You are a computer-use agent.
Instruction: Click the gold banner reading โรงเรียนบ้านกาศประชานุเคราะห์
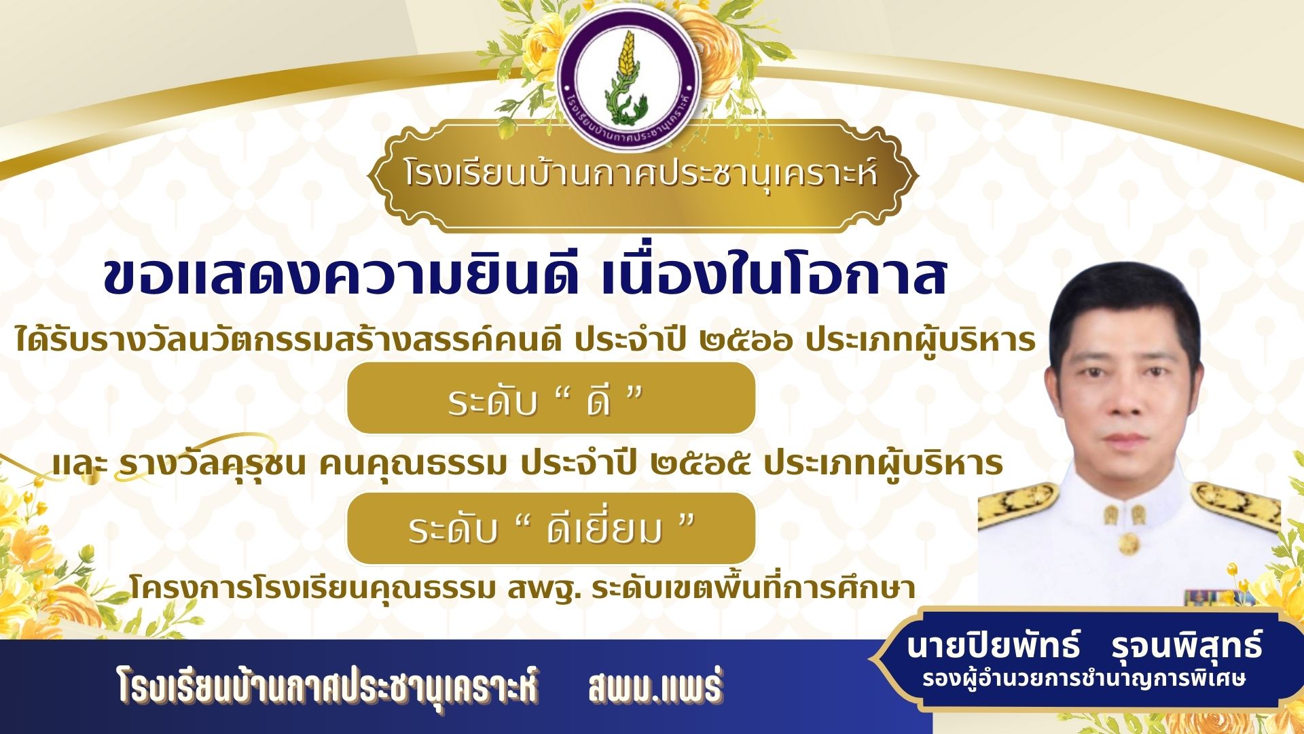click(x=642, y=175)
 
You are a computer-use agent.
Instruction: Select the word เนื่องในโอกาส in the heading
click(x=774, y=277)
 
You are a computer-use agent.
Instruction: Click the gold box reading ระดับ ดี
click(x=551, y=398)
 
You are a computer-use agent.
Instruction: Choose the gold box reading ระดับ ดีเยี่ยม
click(x=551, y=529)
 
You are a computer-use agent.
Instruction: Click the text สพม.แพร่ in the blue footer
click(x=655, y=686)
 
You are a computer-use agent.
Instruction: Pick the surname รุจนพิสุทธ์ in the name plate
click(x=1187, y=646)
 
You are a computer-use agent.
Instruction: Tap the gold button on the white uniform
click(x=1128, y=543)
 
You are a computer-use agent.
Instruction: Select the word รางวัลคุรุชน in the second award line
click(x=212, y=464)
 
